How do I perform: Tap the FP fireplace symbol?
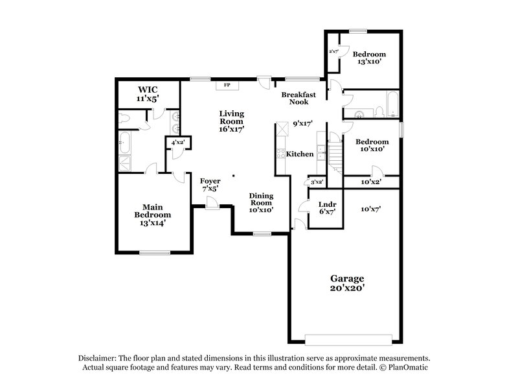coord(227,85)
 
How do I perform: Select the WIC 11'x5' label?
coord(147,94)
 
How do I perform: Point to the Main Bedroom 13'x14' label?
coord(153,215)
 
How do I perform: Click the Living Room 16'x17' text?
coord(231,121)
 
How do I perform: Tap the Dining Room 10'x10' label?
coord(262,202)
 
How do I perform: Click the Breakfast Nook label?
coord(298,99)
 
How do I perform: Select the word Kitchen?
coord(300,154)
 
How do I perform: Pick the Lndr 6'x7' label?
coord(325,208)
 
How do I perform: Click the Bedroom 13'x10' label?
coord(372,58)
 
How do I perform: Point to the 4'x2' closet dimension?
coord(178,143)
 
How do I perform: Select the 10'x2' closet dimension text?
coord(370,182)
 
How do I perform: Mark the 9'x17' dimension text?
coord(302,123)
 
